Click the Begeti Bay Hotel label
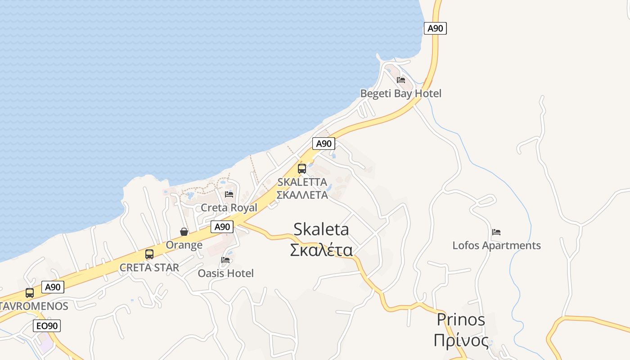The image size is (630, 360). tap(400, 94)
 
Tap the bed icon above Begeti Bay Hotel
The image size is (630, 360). tap(401, 80)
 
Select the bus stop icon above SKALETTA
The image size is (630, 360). tap(302, 169)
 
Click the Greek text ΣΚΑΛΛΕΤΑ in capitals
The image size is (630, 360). tap(302, 195)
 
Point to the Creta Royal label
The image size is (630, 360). tap(229, 207)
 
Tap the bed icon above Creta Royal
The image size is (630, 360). tap(229, 194)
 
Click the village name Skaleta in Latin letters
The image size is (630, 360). tap(321, 229)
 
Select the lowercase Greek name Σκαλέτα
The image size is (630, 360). tap(321, 250)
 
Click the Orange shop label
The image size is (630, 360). tap(184, 245)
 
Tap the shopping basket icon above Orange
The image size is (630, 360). tap(184, 232)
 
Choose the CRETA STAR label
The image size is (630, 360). tap(149, 267)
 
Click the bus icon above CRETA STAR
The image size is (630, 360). tap(149, 254)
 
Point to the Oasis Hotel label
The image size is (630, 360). tap(226, 273)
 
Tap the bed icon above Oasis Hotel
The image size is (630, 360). tap(225, 260)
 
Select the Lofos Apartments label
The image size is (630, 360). tap(496, 245)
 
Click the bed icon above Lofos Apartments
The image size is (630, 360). tap(496, 232)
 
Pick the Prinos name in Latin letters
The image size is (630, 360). tap(461, 319)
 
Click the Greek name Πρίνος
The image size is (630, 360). tap(461, 340)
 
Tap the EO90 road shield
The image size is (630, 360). tap(47, 326)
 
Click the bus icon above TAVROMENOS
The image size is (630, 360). tap(30, 293)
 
